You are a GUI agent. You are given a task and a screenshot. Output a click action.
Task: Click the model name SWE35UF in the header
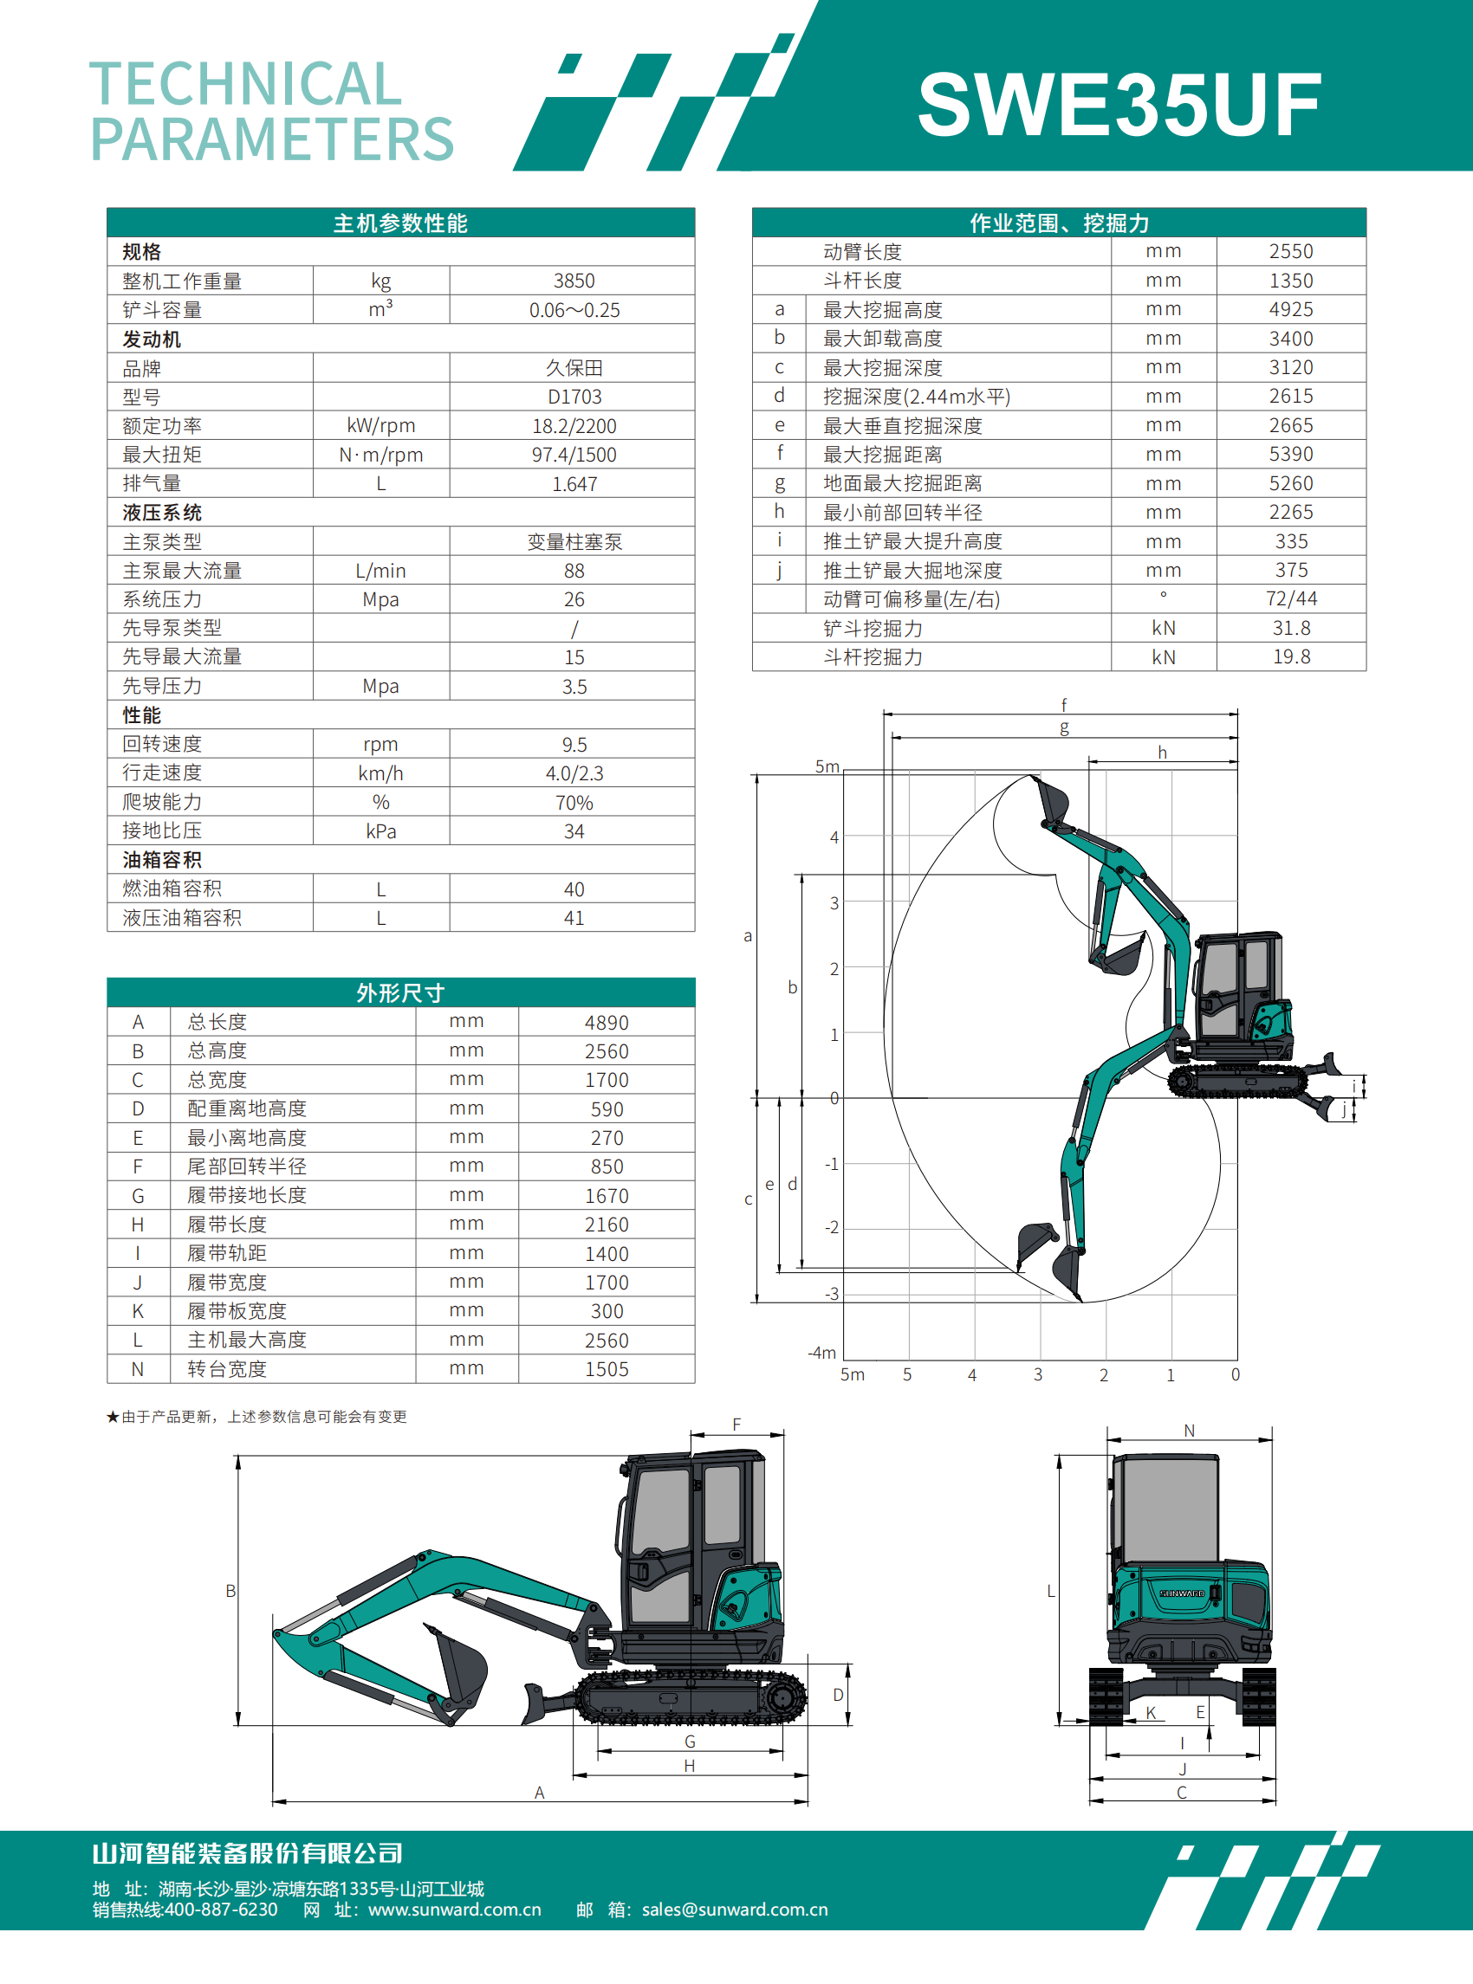click(1118, 105)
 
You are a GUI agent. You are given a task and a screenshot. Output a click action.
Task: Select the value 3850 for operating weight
click(574, 281)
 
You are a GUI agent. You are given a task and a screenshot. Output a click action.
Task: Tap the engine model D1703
click(574, 397)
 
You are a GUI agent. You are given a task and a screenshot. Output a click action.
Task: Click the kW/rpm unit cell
click(380, 426)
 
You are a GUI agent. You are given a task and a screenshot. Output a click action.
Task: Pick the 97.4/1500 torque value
click(574, 455)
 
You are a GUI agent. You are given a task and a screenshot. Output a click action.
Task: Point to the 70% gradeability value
click(574, 802)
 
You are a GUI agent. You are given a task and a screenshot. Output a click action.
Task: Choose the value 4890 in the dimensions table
click(607, 1022)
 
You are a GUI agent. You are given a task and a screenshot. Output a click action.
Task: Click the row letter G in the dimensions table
click(139, 1195)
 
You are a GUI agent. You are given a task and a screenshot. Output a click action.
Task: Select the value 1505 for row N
click(607, 1369)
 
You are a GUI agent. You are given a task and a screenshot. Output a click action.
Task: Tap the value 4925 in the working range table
click(1290, 309)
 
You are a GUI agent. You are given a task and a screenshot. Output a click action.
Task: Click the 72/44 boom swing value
click(1290, 599)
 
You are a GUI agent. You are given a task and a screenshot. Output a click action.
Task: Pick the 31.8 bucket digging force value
click(1290, 628)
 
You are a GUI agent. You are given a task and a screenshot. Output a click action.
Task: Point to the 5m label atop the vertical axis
click(827, 766)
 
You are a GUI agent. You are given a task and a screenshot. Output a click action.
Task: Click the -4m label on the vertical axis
click(821, 1353)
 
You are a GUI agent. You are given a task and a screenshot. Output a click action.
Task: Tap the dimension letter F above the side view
click(736, 1425)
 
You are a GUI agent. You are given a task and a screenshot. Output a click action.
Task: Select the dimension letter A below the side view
click(540, 1793)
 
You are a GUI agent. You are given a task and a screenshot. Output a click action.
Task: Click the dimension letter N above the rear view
click(1189, 1431)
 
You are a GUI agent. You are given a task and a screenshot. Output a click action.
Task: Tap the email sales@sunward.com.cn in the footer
click(734, 1910)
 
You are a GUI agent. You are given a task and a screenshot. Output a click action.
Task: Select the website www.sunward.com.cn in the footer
click(454, 1910)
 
